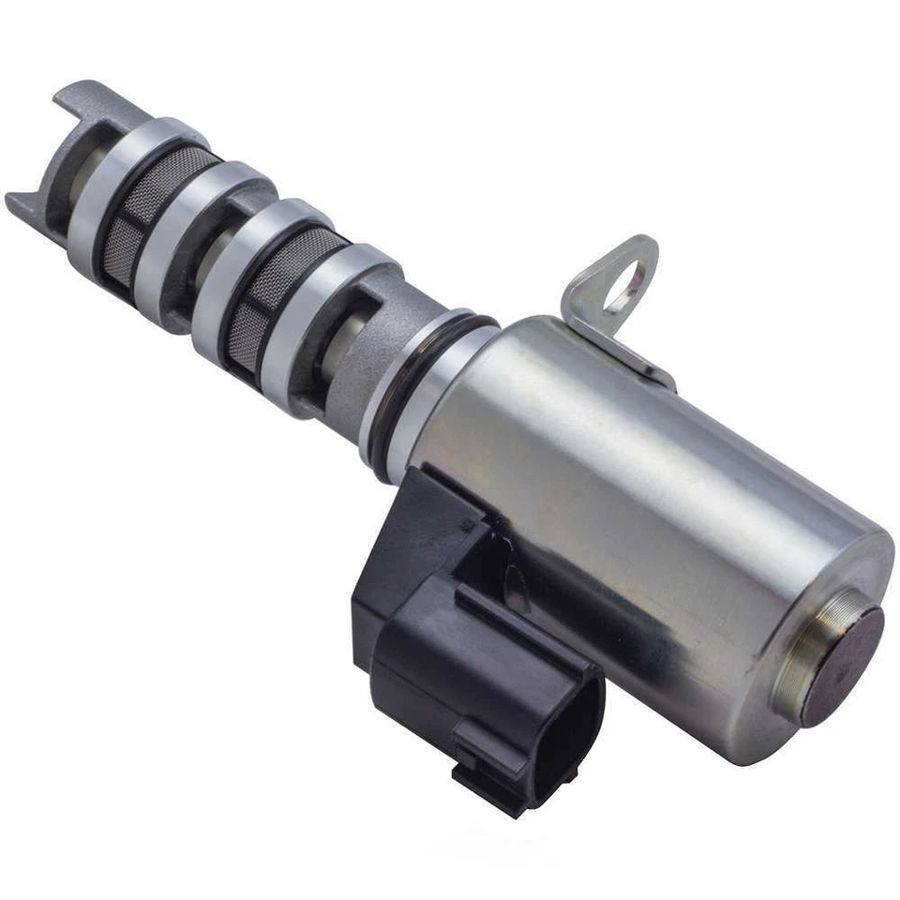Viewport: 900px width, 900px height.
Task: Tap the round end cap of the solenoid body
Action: point(845,666)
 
